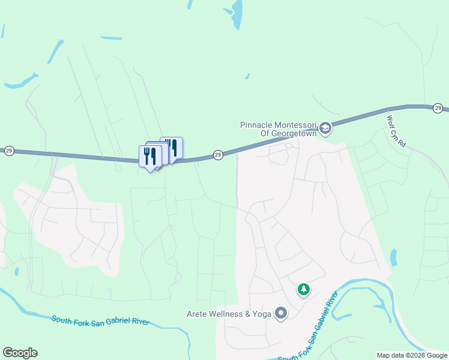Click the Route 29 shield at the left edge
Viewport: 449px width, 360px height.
click(x=8, y=151)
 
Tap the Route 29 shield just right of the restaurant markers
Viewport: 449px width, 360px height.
click(x=218, y=154)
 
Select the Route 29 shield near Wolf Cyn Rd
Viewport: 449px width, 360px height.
click(x=438, y=108)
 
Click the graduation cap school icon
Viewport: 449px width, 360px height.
click(x=325, y=127)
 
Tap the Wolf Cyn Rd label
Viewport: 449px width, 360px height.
click(x=397, y=131)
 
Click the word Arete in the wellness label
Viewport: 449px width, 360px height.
click(x=197, y=313)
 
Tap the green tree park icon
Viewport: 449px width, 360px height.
click(x=304, y=290)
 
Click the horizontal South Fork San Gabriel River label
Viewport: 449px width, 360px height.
click(x=100, y=321)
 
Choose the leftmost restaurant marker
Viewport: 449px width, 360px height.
click(x=149, y=156)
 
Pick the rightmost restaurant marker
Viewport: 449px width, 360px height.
click(x=172, y=147)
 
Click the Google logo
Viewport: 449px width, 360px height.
click(x=20, y=353)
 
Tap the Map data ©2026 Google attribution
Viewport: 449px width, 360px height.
click(x=412, y=355)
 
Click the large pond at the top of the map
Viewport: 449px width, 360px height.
click(x=236, y=13)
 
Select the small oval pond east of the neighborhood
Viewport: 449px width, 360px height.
click(x=393, y=257)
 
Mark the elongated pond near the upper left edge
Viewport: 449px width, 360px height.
click(x=22, y=80)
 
